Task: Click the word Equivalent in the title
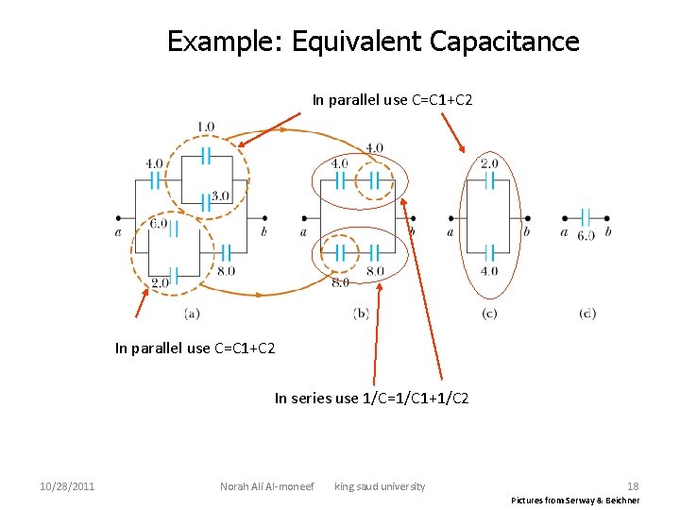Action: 356,42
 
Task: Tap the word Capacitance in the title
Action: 503,42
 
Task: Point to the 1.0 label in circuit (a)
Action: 205,127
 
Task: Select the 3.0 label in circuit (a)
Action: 220,196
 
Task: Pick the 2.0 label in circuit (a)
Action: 160,282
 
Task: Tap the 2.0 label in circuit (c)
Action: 489,163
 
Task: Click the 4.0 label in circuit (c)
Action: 489,271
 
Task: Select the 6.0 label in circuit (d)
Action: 586,235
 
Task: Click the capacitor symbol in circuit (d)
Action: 586,217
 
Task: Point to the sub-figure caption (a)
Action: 192,313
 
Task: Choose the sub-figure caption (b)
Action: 361,313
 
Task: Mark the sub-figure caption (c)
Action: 489,313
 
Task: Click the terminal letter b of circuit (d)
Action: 607,232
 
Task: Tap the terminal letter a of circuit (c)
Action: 450,232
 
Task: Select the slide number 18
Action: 633,486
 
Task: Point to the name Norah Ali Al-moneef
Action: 266,486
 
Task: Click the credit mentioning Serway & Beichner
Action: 575,500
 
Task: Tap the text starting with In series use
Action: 371,399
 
